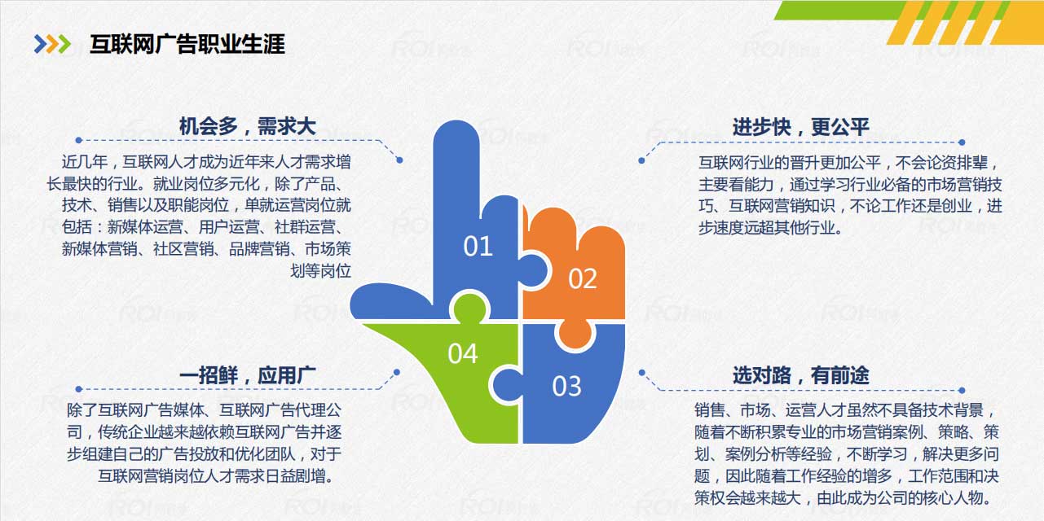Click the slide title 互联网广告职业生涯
coord(187,44)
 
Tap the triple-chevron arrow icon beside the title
coord(52,44)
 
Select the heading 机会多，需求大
coord(247,126)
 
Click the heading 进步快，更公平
coord(800,126)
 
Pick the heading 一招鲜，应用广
coord(247,375)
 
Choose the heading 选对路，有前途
coord(800,375)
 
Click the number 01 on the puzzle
coord(478,247)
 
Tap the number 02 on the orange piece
coord(582,279)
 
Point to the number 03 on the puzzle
coord(566,386)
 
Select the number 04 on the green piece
coord(462,354)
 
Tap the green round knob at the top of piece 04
coord(468,309)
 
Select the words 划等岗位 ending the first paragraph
coord(321,271)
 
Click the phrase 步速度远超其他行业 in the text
coord(768,228)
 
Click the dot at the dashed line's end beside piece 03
coord(641,374)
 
